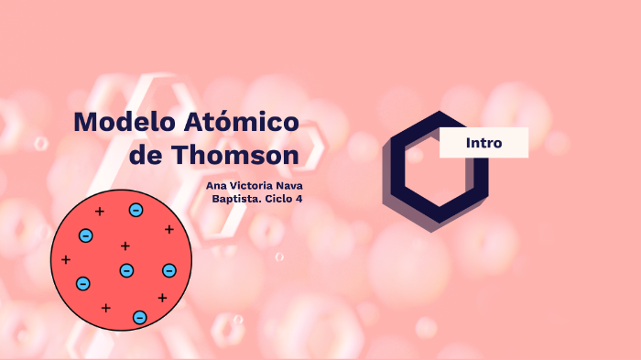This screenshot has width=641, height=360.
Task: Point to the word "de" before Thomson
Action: [x=146, y=155]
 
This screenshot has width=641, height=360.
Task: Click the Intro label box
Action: [x=483, y=143]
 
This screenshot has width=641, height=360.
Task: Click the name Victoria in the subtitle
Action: [x=256, y=186]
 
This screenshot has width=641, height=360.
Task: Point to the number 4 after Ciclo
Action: [x=299, y=199]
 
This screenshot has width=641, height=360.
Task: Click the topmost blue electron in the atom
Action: [x=136, y=211]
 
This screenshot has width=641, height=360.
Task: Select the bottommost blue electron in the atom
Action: [x=140, y=317]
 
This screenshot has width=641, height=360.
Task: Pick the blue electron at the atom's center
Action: [x=126, y=270]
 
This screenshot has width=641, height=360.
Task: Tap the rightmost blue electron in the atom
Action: [x=169, y=270]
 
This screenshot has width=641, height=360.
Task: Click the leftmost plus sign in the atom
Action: [x=66, y=260]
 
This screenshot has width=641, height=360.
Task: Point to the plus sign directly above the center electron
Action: [x=125, y=245]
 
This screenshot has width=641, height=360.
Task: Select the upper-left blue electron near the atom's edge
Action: [x=86, y=235]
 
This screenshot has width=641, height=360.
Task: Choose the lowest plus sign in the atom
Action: [x=106, y=308]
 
